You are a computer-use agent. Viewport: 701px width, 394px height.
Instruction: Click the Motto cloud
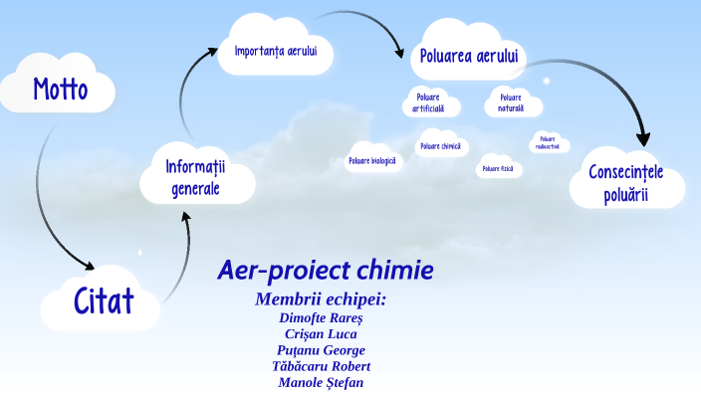click(x=60, y=91)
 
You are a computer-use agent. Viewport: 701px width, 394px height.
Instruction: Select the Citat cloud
click(x=103, y=299)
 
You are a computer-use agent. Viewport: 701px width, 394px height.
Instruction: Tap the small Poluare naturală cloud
click(x=511, y=102)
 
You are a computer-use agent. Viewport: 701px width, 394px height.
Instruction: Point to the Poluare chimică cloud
click(x=440, y=146)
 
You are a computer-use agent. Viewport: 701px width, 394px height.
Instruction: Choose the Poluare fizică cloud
click(x=498, y=169)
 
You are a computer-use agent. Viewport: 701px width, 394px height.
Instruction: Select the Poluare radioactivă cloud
click(x=548, y=142)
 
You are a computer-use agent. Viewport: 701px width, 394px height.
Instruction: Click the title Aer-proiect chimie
click(x=325, y=271)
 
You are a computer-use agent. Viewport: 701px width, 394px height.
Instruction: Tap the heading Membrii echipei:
click(x=321, y=298)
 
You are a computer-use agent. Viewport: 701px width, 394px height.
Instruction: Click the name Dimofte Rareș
click(x=321, y=318)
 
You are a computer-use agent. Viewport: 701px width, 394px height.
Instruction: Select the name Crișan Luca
click(x=321, y=334)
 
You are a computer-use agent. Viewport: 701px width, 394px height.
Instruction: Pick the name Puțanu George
click(x=321, y=350)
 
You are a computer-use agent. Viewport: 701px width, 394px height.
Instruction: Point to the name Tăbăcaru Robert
click(x=321, y=366)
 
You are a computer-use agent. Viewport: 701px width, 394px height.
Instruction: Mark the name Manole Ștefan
click(x=321, y=382)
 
